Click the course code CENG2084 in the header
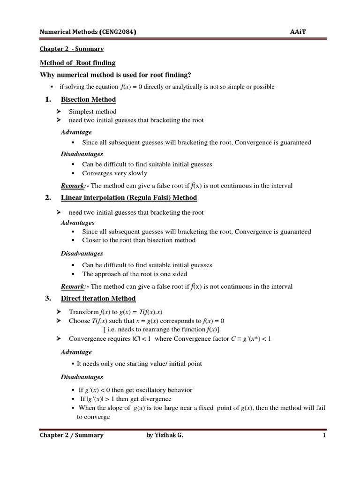(118, 31)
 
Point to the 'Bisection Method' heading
(88, 99)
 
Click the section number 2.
(48, 197)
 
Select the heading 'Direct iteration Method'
(98, 298)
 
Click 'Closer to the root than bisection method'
(139, 240)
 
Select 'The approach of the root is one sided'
(135, 274)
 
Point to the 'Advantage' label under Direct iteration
(76, 352)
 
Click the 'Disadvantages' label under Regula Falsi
(82, 254)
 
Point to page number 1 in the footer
(323, 435)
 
